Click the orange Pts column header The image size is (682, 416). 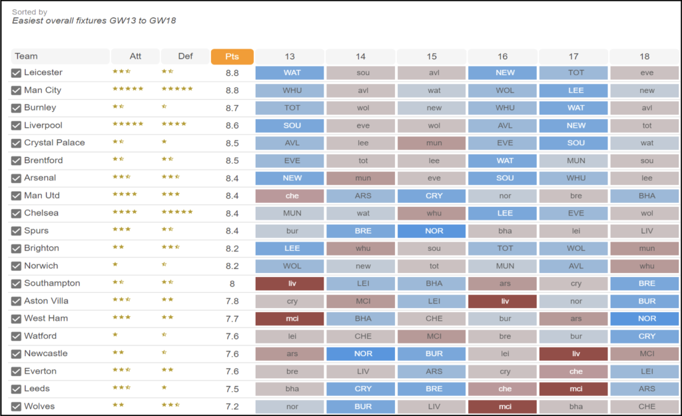(x=232, y=57)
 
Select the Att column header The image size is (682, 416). (x=135, y=57)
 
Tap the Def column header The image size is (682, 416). (x=185, y=57)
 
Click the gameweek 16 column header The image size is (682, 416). (x=502, y=57)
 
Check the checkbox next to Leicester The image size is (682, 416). (x=16, y=73)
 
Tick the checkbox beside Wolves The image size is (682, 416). (x=16, y=407)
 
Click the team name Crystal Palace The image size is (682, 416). (x=54, y=142)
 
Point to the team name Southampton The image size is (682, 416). (x=52, y=283)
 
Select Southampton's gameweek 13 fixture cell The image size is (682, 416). (x=290, y=284)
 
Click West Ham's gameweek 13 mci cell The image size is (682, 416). (x=290, y=319)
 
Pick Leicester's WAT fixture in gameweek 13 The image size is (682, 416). (x=290, y=73)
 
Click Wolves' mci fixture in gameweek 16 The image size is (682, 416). (x=502, y=407)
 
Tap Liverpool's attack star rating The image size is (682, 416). (x=128, y=124)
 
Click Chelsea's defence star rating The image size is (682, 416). (x=177, y=212)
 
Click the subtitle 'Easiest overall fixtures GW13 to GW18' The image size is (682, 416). (x=94, y=21)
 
